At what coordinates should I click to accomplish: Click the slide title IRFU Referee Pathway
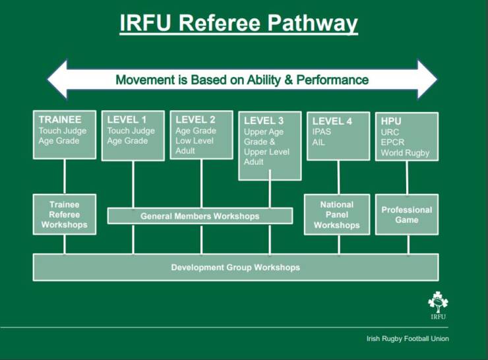(239, 24)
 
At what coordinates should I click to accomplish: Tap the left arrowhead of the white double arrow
(58, 79)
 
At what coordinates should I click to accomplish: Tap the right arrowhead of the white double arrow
(427, 79)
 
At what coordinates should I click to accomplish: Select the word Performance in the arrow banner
(333, 80)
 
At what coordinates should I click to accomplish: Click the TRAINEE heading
(60, 120)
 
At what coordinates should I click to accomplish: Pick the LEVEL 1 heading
(127, 120)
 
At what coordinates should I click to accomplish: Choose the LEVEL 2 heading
(195, 119)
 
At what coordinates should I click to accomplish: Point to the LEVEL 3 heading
(264, 121)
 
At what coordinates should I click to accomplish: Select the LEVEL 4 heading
(332, 121)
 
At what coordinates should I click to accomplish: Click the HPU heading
(391, 121)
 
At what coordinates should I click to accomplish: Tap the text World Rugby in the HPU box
(405, 153)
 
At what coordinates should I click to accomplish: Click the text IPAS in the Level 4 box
(322, 132)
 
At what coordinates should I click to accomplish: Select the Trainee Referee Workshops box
(64, 214)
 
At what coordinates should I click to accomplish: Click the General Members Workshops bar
(200, 216)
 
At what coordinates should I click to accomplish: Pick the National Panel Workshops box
(336, 215)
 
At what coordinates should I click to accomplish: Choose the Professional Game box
(406, 214)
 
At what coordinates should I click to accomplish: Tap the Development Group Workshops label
(235, 267)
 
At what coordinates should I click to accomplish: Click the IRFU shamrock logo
(439, 304)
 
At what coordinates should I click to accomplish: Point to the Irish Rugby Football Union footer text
(408, 339)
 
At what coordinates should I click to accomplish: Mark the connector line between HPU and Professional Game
(407, 177)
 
